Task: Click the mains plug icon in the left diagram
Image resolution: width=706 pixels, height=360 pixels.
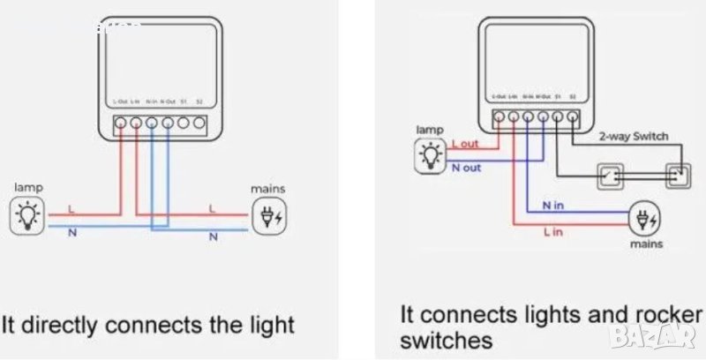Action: click(x=266, y=215)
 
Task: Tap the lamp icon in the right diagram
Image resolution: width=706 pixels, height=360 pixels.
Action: click(x=431, y=154)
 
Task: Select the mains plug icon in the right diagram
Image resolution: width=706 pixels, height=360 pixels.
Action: click(x=642, y=217)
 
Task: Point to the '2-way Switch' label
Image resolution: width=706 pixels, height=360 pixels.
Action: click(x=634, y=137)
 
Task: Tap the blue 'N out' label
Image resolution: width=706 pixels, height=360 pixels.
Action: click(x=467, y=168)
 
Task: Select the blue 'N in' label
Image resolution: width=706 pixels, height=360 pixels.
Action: click(x=553, y=206)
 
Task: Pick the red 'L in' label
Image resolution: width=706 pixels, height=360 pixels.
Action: click(x=553, y=231)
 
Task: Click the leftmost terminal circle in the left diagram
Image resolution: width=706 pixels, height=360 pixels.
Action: click(x=120, y=123)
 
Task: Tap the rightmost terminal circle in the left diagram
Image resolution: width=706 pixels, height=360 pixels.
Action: click(x=200, y=123)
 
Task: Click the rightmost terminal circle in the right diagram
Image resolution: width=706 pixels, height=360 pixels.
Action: click(x=574, y=116)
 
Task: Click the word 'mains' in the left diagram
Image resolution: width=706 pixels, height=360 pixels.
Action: click(x=267, y=187)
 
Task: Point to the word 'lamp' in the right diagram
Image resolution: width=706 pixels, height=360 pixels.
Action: click(x=430, y=130)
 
